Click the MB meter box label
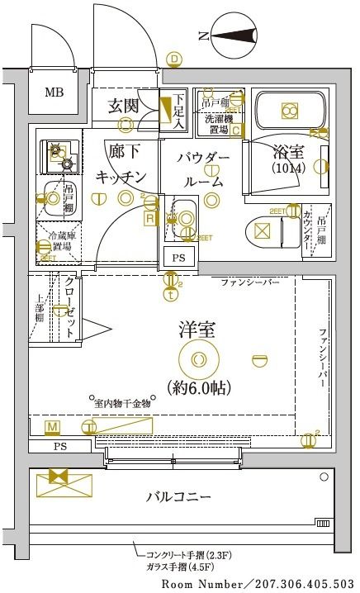coord(53,92)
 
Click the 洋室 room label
coord(197,330)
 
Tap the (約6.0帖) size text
coord(197,386)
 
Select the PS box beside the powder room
coord(178,258)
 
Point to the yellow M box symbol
coord(52,426)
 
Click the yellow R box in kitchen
coord(149,219)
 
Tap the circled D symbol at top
coord(174,59)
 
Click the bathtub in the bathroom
coord(288,111)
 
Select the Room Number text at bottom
coord(258,583)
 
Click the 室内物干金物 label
coord(121,403)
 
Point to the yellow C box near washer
coord(235,130)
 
